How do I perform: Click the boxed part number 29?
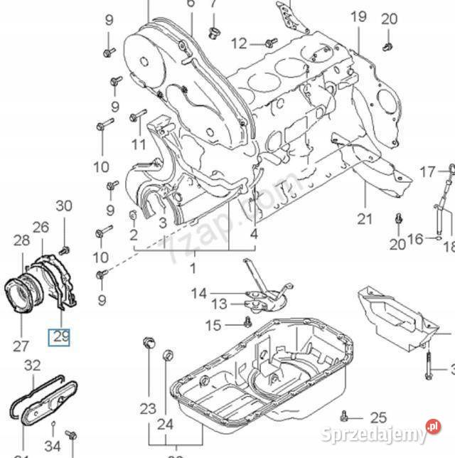click(x=59, y=336)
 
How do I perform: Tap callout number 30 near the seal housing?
click(x=64, y=206)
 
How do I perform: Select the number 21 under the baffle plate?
click(x=365, y=218)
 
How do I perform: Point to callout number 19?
click(x=358, y=16)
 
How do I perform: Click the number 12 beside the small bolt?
click(x=238, y=43)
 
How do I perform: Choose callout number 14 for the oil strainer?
click(x=198, y=292)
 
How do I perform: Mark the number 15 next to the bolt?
click(x=213, y=326)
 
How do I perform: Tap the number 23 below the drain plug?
click(x=147, y=408)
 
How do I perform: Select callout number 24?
click(x=165, y=425)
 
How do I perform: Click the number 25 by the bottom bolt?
click(x=378, y=417)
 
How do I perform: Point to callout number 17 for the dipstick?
click(x=427, y=171)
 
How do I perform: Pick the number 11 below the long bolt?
click(x=138, y=146)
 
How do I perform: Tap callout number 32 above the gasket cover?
click(x=32, y=366)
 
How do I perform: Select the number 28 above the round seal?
click(x=21, y=240)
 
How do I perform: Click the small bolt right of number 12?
click(x=269, y=43)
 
